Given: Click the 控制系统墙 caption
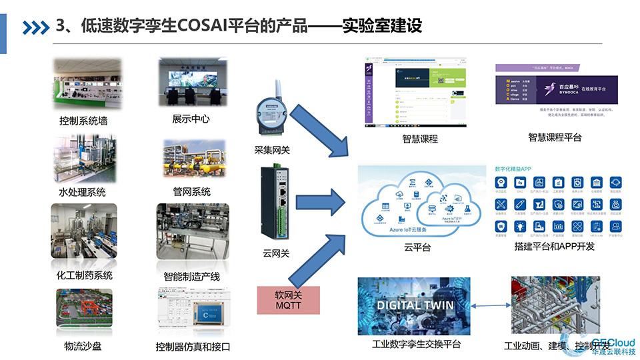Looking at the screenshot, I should (83, 121).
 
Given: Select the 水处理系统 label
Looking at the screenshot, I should (82, 193).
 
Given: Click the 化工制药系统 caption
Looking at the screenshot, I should (84, 275).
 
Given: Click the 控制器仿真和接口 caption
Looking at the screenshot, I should (193, 347).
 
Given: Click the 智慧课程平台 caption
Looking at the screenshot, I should (555, 137).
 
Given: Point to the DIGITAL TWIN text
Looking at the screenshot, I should (415, 305).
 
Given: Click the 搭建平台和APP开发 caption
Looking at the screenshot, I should (555, 246).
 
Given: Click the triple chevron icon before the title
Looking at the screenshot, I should (36, 27).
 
